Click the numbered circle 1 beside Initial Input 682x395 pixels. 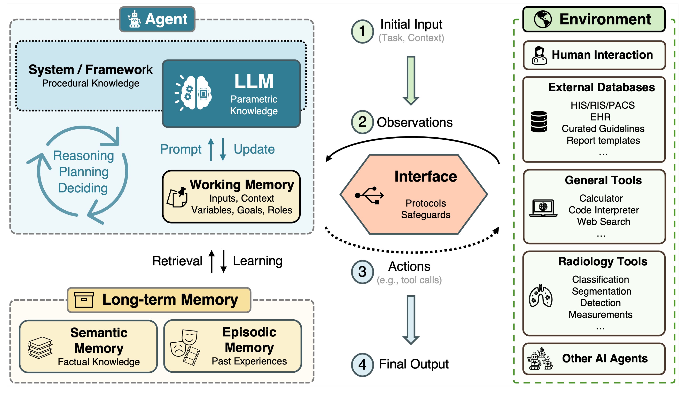pyautogui.click(x=362, y=31)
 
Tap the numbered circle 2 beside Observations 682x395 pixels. pyautogui.click(x=362, y=122)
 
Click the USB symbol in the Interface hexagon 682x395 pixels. pyautogui.click(x=369, y=195)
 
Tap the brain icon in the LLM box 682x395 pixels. pyautogui.click(x=193, y=93)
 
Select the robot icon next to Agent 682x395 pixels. pyautogui.click(x=134, y=19)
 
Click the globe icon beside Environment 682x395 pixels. pyautogui.click(x=542, y=19)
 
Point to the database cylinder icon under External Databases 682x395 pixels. pyautogui.click(x=539, y=122)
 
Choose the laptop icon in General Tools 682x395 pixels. pyautogui.click(x=543, y=208)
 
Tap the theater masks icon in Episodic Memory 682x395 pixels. pyautogui.click(x=185, y=347)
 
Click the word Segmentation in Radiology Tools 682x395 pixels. pyautogui.click(x=601, y=291)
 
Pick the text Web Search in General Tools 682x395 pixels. pyautogui.click(x=603, y=222)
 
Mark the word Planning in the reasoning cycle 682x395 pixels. pyautogui.click(x=84, y=172)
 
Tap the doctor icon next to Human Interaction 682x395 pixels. pyautogui.click(x=539, y=56)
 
